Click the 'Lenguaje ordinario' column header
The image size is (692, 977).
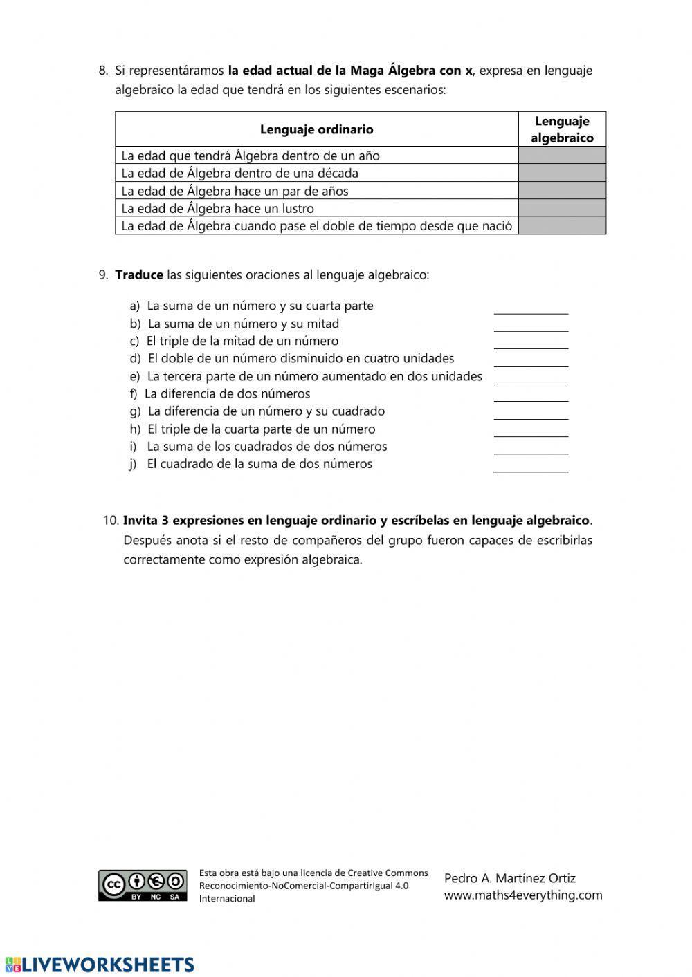coord(316,129)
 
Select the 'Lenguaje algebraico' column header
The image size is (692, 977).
coord(562,129)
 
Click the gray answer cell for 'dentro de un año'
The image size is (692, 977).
coord(562,155)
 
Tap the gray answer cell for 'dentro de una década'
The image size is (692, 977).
coord(562,173)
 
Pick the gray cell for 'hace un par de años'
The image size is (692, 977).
coord(562,190)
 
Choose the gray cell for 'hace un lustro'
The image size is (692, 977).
coord(562,208)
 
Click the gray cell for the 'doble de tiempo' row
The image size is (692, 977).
coord(562,225)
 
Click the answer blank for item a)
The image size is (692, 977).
coord(531,308)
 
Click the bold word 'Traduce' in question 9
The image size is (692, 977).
coord(139,275)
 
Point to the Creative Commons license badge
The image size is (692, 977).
coord(143,885)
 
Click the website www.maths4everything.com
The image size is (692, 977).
coord(523,895)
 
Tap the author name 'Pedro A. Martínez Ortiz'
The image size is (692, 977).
coord(510,878)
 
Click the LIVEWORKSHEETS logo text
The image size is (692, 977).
coord(100,965)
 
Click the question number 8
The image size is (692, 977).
coord(103,70)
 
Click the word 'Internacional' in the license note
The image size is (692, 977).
coord(227,898)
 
